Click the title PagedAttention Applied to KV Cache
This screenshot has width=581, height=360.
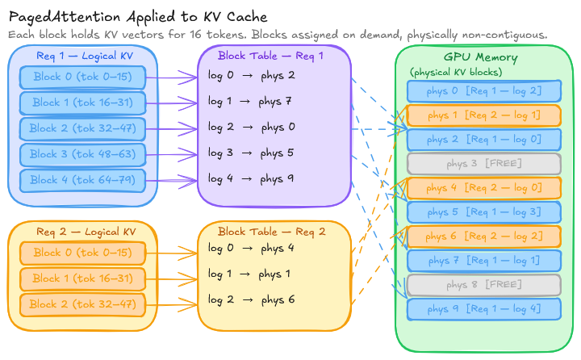(x=138, y=17)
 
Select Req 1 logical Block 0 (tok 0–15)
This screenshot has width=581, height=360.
(x=82, y=78)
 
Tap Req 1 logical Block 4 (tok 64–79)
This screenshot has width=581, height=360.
(x=82, y=179)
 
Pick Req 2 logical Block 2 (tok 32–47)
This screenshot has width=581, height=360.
(x=82, y=304)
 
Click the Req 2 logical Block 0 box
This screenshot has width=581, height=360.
(x=82, y=253)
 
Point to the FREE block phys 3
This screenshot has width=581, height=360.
(x=483, y=164)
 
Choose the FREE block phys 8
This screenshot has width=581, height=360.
(x=483, y=285)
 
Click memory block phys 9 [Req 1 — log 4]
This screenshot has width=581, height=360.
(x=483, y=309)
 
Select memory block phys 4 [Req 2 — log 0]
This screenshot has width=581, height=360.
(x=483, y=188)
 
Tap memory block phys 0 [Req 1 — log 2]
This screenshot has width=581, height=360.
(x=483, y=91)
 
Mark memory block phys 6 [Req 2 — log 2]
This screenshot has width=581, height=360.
(x=483, y=237)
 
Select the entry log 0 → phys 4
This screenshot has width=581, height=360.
(x=251, y=248)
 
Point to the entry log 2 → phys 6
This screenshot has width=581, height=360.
(x=251, y=299)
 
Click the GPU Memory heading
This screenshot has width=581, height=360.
(x=481, y=58)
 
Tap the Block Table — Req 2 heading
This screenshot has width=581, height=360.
(x=272, y=232)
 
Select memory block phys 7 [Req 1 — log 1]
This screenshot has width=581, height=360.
(x=483, y=261)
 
